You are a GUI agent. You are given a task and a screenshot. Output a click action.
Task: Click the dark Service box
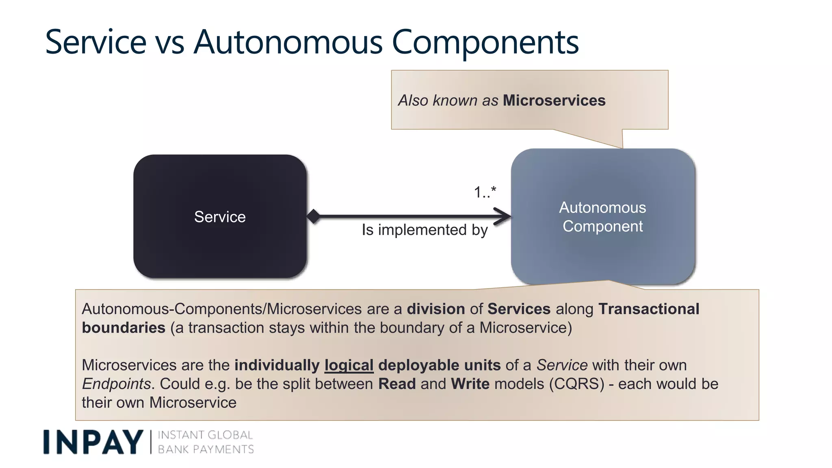pos(220,216)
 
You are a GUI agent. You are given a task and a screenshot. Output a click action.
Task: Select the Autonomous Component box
pos(602,217)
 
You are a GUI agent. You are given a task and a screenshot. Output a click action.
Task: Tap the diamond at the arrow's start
pos(313,216)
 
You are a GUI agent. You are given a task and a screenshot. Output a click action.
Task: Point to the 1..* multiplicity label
pos(485,192)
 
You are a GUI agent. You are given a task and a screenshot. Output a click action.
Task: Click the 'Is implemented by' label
pos(425,230)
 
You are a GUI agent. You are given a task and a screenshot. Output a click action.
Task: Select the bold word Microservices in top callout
pos(554,100)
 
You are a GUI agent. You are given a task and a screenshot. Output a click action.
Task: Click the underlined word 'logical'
pos(349,365)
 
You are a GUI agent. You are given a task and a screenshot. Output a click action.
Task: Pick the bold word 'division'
pos(435,309)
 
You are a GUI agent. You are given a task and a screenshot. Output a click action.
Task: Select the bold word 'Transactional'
pos(649,309)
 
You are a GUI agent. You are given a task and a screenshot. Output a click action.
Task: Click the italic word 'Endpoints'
pos(117,383)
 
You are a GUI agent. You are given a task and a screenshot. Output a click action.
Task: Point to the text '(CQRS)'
pos(576,383)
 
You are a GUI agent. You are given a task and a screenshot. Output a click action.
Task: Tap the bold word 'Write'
pos(470,383)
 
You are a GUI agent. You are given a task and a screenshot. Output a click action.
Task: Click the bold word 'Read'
pos(397,383)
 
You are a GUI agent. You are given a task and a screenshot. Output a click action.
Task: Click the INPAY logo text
pos(93,442)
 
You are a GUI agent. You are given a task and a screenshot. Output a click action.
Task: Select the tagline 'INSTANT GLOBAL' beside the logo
pos(205,435)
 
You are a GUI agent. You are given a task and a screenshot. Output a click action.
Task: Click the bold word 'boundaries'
pos(123,327)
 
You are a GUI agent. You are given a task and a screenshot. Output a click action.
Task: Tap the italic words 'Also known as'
pos(448,100)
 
